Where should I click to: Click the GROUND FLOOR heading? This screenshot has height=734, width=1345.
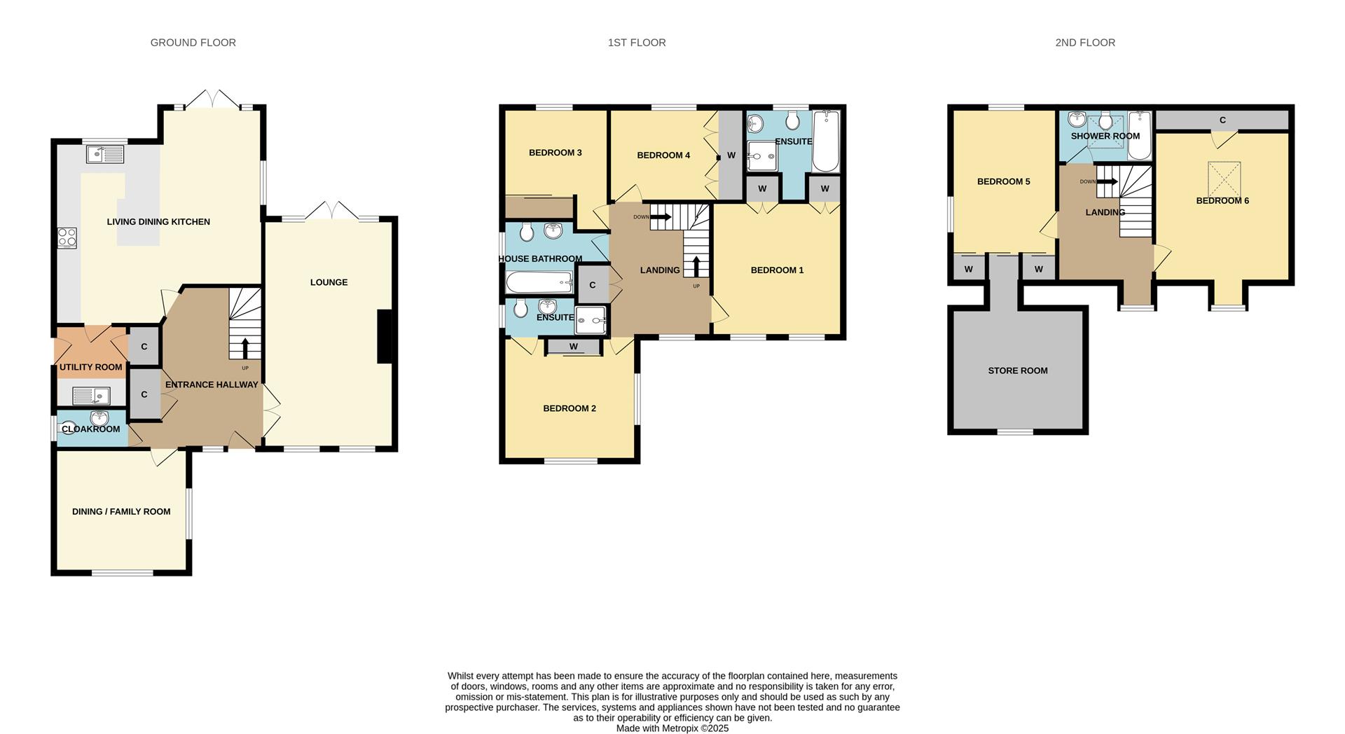[x=193, y=43]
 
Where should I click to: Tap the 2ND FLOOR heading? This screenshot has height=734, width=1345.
[x=1085, y=43]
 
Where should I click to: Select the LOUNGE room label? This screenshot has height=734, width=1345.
[x=329, y=282]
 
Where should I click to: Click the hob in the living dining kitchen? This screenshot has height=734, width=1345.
[x=67, y=238]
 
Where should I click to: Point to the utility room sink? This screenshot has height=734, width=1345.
[x=91, y=396]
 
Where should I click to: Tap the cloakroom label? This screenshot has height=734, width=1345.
[x=91, y=429]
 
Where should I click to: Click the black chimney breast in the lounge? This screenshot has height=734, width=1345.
[x=385, y=337]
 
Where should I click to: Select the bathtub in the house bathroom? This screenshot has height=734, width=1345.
[x=540, y=283]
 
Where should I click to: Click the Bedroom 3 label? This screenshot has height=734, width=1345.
[x=556, y=153]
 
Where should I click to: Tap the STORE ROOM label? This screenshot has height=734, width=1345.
[x=1018, y=371]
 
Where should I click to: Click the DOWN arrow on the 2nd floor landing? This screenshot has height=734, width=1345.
[x=1107, y=181]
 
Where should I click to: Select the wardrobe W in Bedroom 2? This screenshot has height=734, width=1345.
[x=574, y=347]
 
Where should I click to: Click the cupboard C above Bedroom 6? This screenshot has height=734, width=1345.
[x=1222, y=120]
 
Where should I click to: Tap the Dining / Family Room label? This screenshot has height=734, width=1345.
[x=121, y=512]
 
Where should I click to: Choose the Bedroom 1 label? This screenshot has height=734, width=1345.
[x=777, y=270]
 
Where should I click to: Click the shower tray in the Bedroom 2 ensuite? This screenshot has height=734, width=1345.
[x=591, y=320]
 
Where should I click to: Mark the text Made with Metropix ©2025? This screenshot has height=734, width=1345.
[x=672, y=728]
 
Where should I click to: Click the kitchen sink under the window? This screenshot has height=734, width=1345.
[x=104, y=154]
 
